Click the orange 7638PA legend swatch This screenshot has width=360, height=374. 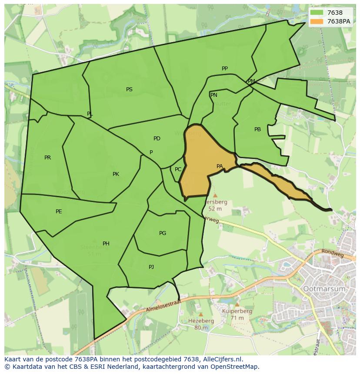pos(317,21)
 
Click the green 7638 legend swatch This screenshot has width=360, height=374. pos(317,13)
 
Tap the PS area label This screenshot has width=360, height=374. pos(129,89)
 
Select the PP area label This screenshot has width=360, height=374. pos(225,69)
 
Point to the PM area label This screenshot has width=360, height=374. pos(251,81)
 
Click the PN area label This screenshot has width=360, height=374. pos(213,95)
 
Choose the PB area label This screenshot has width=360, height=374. pos(257,129)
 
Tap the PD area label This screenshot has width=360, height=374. pos(157,139)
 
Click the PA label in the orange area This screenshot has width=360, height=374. pos(220,166)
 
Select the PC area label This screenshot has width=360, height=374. pos(178,169)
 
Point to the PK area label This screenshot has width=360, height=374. pos(116,174)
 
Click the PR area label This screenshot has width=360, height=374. pos(47,158)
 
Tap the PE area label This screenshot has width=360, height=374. pos(59,212)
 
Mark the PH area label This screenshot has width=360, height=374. pos(106,244)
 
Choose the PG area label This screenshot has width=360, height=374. pos(163,233)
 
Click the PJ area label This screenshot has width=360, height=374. pos(151,267)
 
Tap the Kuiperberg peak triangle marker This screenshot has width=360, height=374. pos(237,304)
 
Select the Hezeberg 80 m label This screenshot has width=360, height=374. pos(201,324)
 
